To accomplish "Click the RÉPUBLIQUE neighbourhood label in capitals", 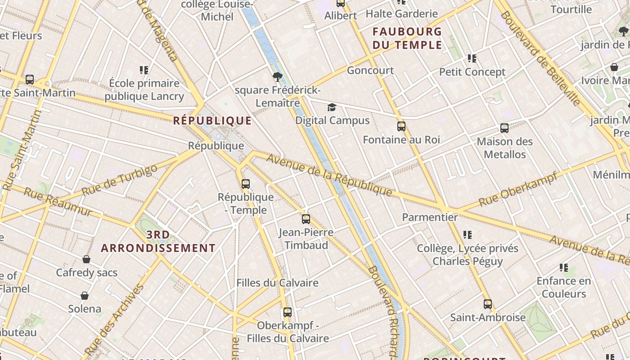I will coord(212,121).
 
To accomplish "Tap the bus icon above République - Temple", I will coord(245,184).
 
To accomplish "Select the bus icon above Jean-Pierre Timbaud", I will coord(306,219).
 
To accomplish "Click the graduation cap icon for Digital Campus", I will coord(332,107).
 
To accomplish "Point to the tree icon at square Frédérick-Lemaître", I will coord(278,77).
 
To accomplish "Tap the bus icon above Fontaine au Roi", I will coord(401,126).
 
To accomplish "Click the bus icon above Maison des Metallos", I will coord(504,128).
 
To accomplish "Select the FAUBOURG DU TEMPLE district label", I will coord(407,38).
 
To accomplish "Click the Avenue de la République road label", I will coord(329,175).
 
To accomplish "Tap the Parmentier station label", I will coord(430,217).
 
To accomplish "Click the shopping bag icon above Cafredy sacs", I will coord(86,259).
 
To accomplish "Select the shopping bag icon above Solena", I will coord(85,296).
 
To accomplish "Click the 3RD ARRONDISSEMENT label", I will coord(158,242).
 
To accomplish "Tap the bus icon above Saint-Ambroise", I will coord(488,304).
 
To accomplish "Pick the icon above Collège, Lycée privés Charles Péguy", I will coord(468,235).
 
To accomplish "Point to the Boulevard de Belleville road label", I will coord(540,58).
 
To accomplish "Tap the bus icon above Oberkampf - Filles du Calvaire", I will coord(288,312).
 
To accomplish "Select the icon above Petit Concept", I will coord(472,58).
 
